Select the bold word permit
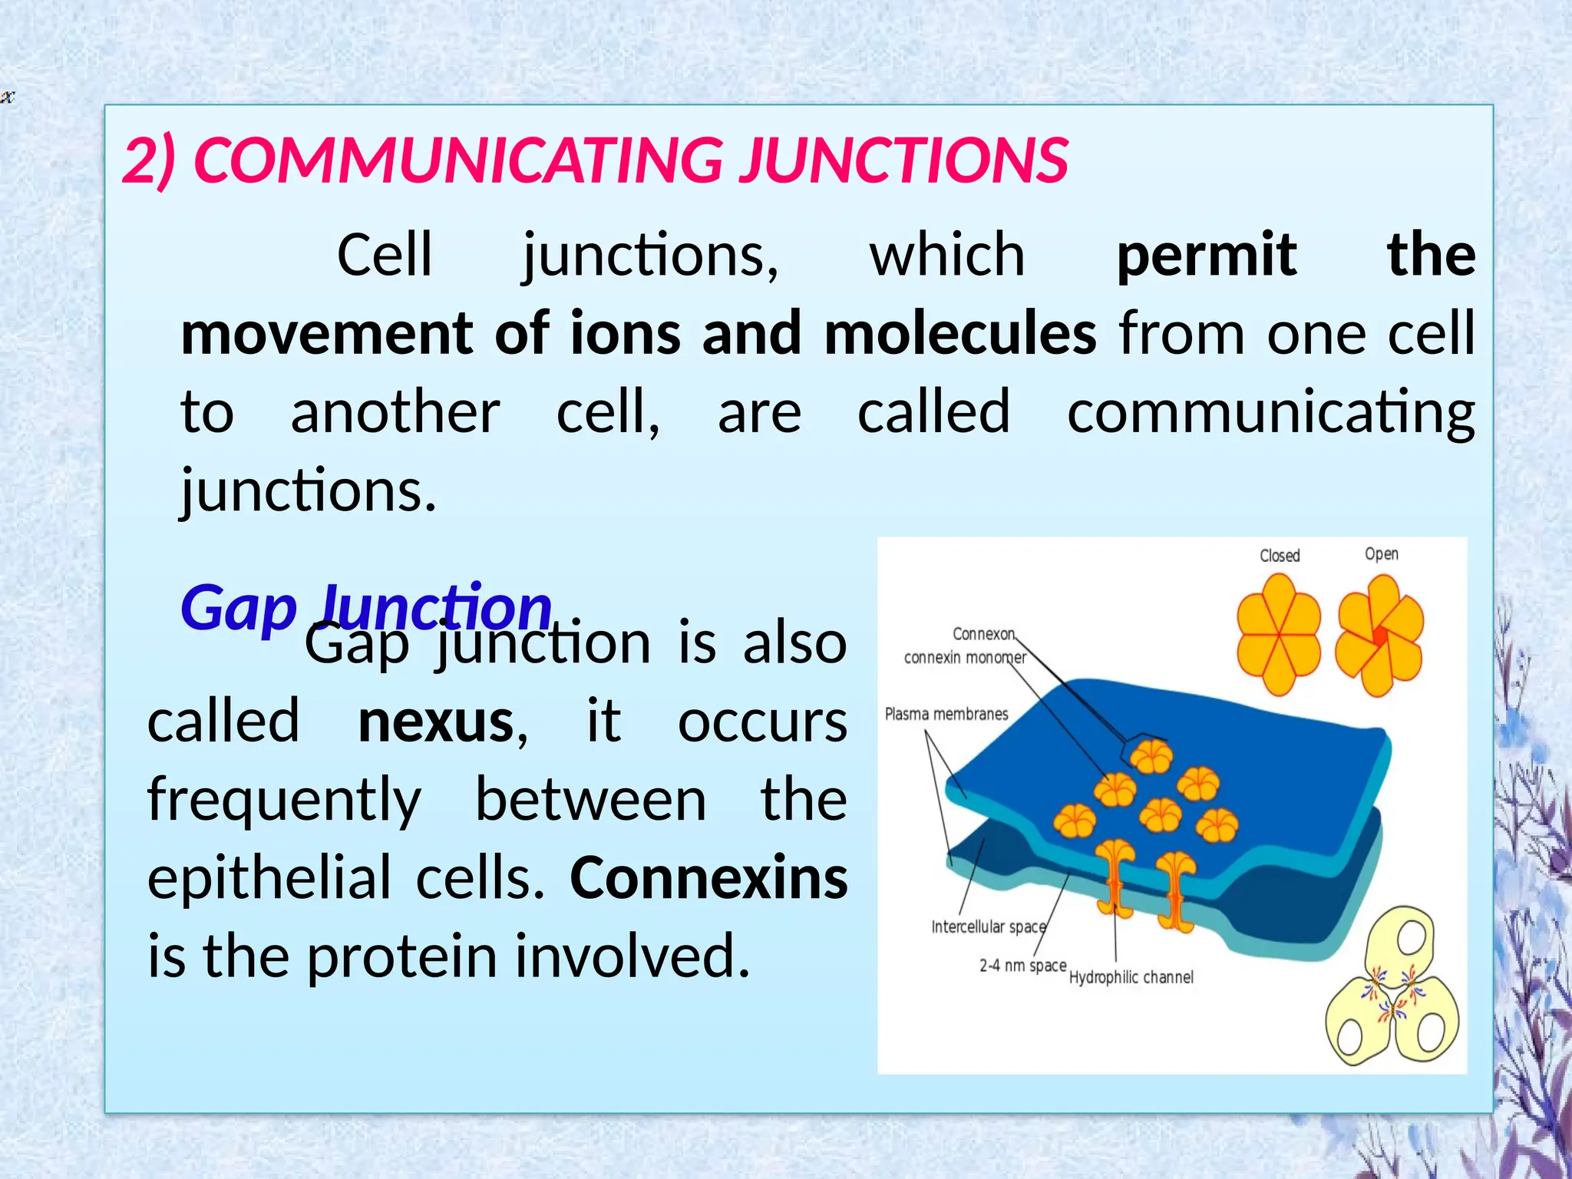coord(1206,255)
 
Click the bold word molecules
coord(960,334)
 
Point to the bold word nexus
coord(436,722)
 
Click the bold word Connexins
coord(708,878)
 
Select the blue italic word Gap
coord(238,608)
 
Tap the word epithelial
coord(269,878)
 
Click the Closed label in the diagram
coord(1280,556)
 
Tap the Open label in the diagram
coord(1381,554)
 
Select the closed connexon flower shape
coord(1278,635)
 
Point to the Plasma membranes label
coord(946,714)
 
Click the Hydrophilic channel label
coord(1131,977)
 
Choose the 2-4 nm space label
coord(1022,966)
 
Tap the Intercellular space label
coord(988,926)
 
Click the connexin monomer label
coord(964,657)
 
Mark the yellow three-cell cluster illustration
coord(1392,990)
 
